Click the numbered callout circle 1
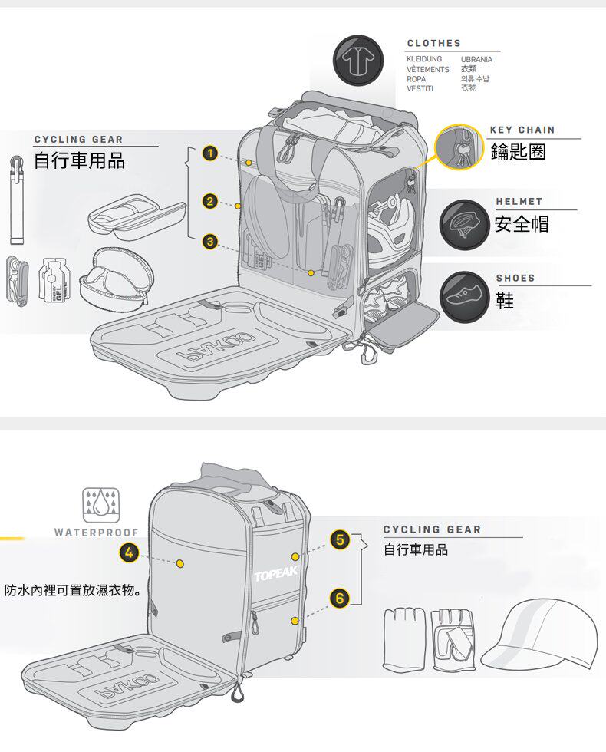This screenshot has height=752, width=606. [x=209, y=153]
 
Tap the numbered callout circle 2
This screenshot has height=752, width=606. [x=209, y=201]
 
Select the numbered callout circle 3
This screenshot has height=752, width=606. [x=209, y=241]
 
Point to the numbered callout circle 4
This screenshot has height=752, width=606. [x=129, y=553]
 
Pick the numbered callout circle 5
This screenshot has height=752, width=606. [x=340, y=540]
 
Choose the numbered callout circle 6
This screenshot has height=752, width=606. [x=340, y=598]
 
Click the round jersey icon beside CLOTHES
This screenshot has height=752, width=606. [x=357, y=60]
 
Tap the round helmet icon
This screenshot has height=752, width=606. [x=463, y=224]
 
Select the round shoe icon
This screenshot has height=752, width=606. [x=463, y=297]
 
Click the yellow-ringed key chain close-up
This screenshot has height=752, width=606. [x=459, y=147]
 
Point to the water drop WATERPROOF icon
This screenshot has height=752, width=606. [x=101, y=505]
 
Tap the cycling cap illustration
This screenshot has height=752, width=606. [x=539, y=635]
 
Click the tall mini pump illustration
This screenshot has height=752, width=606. [x=17, y=200]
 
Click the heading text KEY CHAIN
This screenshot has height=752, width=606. [x=522, y=130]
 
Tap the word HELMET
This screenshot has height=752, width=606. [x=519, y=201]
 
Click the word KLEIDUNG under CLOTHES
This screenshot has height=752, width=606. [x=424, y=59]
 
